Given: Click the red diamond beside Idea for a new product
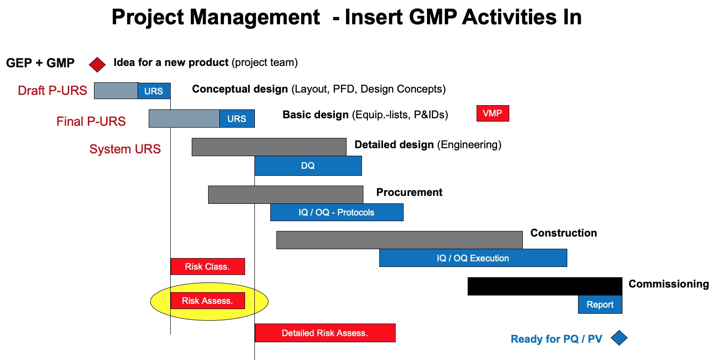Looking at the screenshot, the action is click(x=97, y=65).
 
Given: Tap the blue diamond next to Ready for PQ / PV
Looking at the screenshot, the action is click(x=619, y=338).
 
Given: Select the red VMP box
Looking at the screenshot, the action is click(x=492, y=114).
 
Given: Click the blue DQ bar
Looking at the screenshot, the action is click(x=308, y=166).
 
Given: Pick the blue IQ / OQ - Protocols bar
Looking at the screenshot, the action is click(x=337, y=212).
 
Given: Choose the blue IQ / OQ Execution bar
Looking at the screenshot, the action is click(x=473, y=258).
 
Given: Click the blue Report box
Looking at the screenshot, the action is click(x=600, y=304).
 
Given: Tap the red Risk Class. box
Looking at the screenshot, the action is click(x=208, y=266).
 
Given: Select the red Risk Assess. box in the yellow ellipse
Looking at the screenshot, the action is click(x=208, y=301).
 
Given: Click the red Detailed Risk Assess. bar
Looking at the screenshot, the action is click(x=325, y=333).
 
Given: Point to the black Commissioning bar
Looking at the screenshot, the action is click(x=545, y=286).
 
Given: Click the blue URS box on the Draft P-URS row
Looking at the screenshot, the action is click(x=154, y=91).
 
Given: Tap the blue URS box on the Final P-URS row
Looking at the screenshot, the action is click(x=237, y=118).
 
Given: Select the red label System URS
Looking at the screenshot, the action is click(x=125, y=149).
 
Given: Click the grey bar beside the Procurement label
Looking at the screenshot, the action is click(x=286, y=194).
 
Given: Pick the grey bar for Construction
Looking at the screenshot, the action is click(x=399, y=240).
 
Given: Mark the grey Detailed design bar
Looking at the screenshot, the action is click(x=269, y=147).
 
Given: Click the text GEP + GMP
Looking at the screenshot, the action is click(x=40, y=63).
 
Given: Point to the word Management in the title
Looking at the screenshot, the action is click(x=255, y=17).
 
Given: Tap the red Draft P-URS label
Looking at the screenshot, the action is click(x=52, y=90).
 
